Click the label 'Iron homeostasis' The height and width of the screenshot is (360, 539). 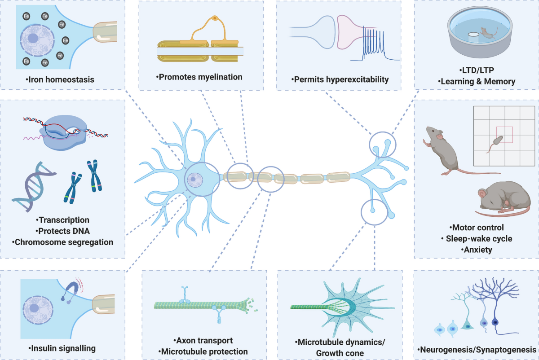(x=62, y=81)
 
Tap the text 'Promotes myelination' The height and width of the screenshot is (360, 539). (x=199, y=77)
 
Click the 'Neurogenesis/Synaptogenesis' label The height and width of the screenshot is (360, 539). (x=477, y=350)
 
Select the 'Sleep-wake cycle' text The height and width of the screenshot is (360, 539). (x=477, y=238)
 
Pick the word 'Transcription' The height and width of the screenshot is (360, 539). (x=63, y=220)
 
